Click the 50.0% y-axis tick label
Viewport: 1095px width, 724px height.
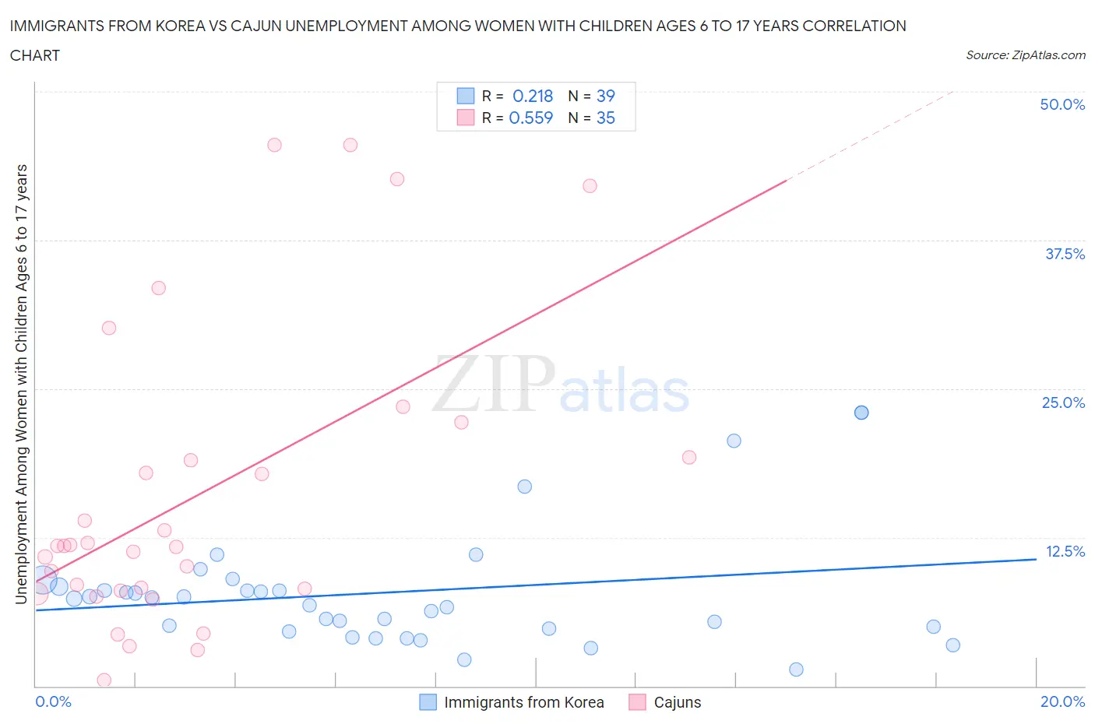(1062, 104)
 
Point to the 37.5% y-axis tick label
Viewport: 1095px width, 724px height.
(1064, 254)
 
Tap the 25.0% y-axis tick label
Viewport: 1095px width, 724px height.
(1063, 402)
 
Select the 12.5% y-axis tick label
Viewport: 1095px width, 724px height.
(1064, 551)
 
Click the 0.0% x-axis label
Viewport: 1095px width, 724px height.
(53, 701)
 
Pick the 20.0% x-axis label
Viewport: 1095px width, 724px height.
(1062, 701)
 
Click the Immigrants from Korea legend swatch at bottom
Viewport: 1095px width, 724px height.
(428, 702)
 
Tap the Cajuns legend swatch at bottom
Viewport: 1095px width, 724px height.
(638, 702)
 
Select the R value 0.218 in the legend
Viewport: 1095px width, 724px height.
(533, 96)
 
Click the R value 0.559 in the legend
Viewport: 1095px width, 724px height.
(530, 118)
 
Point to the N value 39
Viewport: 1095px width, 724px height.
(605, 96)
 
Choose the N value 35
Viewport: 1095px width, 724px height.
(605, 118)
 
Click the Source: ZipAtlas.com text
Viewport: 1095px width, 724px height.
(1025, 55)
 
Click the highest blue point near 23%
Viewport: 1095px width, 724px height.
(861, 413)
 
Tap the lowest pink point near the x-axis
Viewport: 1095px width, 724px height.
(104, 680)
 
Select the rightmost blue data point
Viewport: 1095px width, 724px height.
(952, 645)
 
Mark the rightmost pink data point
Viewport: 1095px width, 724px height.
(688, 457)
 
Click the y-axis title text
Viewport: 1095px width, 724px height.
(21, 384)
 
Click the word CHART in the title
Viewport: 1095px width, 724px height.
(35, 55)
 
